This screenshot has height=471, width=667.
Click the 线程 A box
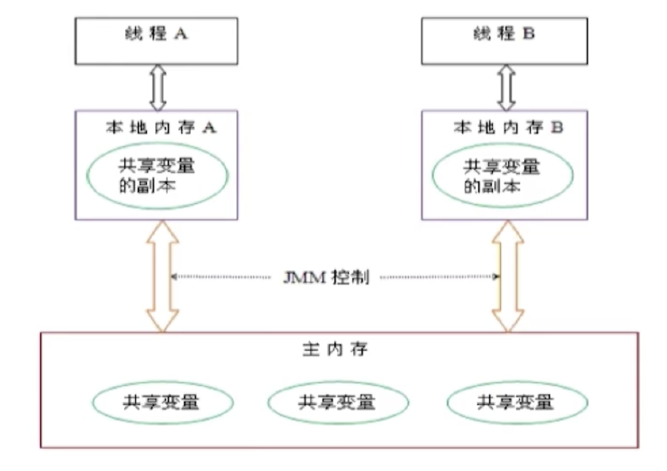point(156,40)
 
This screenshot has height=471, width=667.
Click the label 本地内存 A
point(160,127)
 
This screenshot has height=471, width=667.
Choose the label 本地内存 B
point(508,127)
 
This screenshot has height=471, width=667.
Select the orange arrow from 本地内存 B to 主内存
point(507,277)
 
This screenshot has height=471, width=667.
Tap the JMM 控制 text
point(325,278)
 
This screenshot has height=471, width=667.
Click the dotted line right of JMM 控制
point(439,277)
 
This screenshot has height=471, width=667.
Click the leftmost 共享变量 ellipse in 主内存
point(161,402)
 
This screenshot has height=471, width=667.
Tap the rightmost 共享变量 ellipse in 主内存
point(516,402)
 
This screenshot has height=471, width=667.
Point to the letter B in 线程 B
point(528,33)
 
